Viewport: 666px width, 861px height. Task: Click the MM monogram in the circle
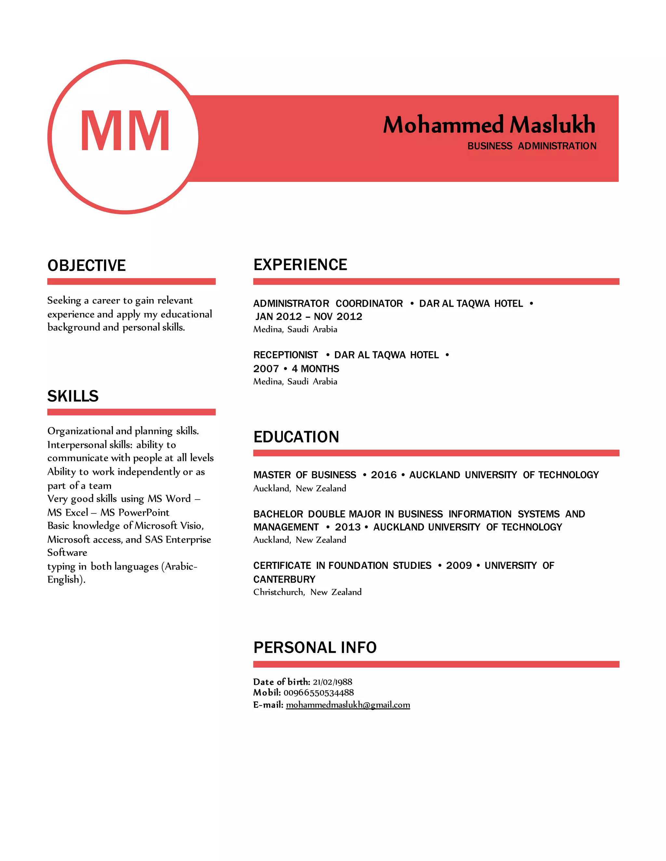point(125,131)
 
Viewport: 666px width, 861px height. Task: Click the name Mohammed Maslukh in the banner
point(489,125)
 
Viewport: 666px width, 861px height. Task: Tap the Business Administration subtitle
point(531,146)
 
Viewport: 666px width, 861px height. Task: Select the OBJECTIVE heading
point(87,265)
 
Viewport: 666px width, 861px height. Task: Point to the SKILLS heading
point(73,396)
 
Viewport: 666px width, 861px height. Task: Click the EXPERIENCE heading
point(300,264)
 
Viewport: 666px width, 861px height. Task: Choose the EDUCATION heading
point(296,437)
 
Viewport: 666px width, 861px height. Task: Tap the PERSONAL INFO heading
point(315,647)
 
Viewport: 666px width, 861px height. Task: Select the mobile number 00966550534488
point(318,692)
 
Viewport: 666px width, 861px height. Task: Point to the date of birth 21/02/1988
point(332,682)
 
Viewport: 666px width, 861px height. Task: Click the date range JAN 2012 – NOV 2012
point(309,316)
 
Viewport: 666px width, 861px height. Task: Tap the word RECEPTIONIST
point(285,355)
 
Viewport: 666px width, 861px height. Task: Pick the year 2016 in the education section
point(383,475)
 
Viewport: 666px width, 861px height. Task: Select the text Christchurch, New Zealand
point(307,592)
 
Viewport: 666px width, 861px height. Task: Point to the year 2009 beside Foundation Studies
point(459,565)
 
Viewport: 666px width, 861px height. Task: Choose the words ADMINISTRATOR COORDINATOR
point(328,303)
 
